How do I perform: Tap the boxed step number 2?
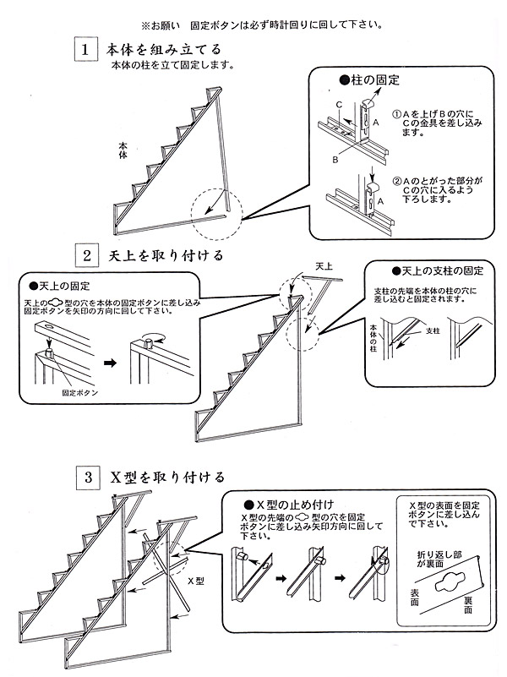point(85,254)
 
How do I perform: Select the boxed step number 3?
point(85,478)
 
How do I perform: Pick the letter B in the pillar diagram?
point(335,158)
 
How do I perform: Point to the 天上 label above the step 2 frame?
point(324,266)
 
